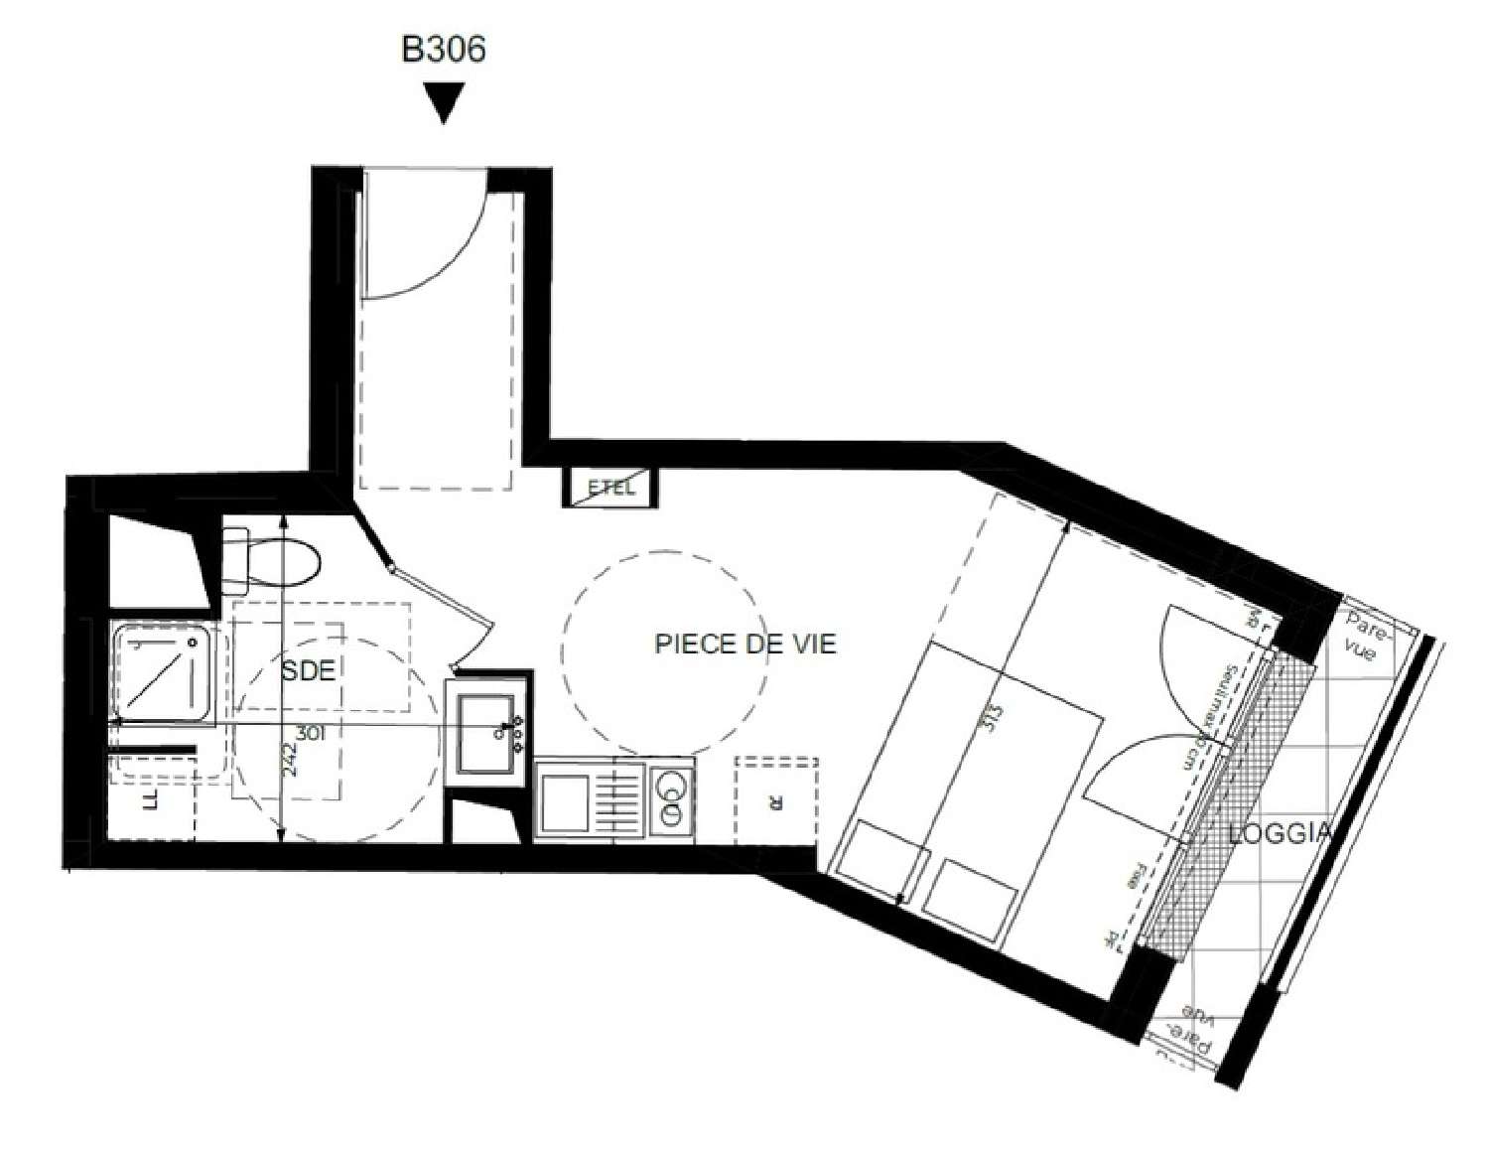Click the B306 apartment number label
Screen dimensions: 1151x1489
(x=443, y=49)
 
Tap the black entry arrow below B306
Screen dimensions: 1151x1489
(x=444, y=102)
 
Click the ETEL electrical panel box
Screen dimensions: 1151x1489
(x=610, y=488)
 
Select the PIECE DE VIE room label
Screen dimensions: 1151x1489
(x=745, y=644)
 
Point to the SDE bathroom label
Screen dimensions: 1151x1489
(x=308, y=670)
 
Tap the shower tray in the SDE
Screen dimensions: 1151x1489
(x=162, y=672)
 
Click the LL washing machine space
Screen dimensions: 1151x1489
(x=151, y=800)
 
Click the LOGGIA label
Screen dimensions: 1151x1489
(x=1279, y=833)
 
